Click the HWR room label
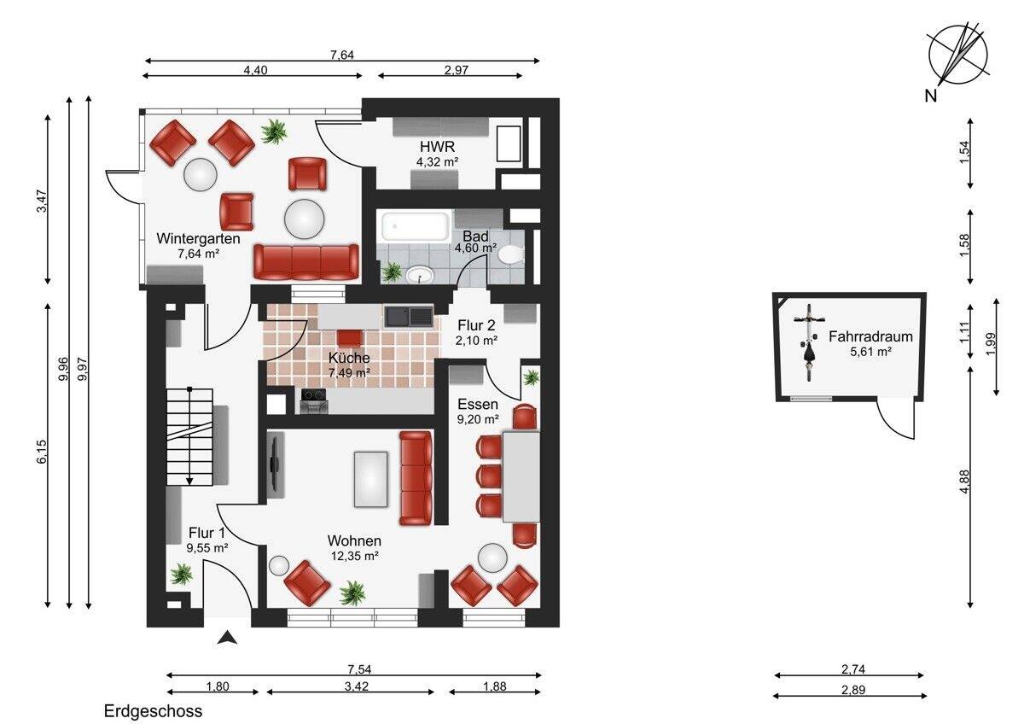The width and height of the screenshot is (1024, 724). (437, 147)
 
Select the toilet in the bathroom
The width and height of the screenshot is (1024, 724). (511, 254)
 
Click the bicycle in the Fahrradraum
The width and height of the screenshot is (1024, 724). (809, 342)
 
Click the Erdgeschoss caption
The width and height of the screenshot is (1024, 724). (153, 711)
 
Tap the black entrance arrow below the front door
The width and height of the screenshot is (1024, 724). (227, 638)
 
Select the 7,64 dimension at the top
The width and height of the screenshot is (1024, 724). (342, 55)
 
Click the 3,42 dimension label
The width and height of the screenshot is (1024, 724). (357, 686)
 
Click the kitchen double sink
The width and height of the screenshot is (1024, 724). (408, 317)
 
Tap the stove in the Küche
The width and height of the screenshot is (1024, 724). (313, 400)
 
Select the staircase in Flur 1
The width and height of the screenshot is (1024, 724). (189, 436)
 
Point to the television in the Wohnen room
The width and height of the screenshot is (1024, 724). (275, 464)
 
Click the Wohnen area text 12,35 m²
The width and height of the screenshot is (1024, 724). (353, 556)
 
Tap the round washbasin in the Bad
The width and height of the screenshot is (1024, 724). (420, 275)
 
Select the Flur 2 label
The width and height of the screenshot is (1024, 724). (476, 325)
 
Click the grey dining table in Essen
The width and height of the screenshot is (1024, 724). (521, 476)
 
